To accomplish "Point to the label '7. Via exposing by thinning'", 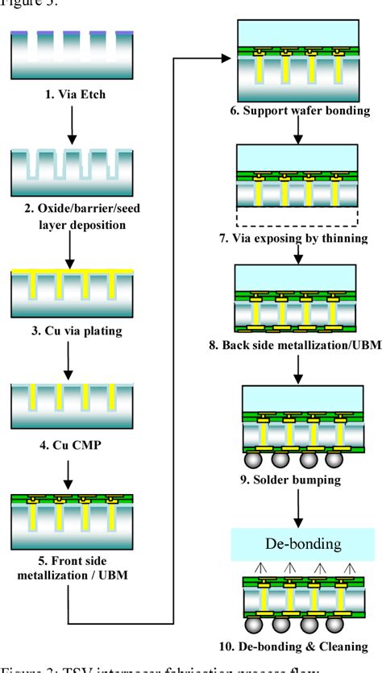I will pyautogui.click(x=298, y=239).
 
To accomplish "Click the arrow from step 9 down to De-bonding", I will pyautogui.click(x=297, y=508).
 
